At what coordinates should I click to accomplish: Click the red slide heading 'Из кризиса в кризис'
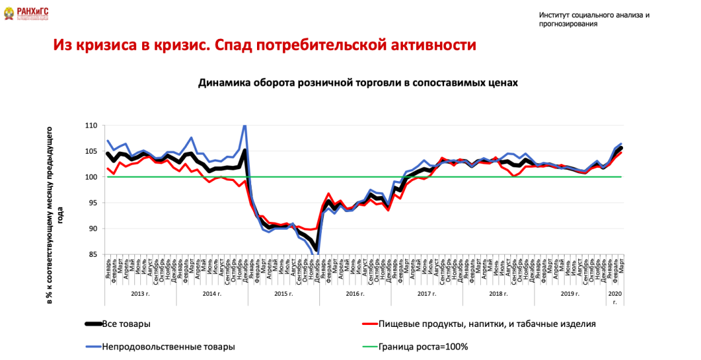coord(265,45)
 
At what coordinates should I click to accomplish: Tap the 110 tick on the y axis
coord(91,125)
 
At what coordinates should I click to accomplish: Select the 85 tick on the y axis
coord(93,254)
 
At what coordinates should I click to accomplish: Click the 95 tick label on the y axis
coord(93,202)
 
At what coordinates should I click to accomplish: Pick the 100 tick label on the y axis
coord(91,176)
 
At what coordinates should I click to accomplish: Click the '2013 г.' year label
coord(140,294)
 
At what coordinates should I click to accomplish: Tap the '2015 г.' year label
coord(283,294)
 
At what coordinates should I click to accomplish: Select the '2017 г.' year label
coord(426,294)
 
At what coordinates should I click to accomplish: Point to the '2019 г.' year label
coord(569,294)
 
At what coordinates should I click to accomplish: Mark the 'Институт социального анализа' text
coord(593,19)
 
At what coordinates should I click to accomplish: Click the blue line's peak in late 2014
coord(245,126)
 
